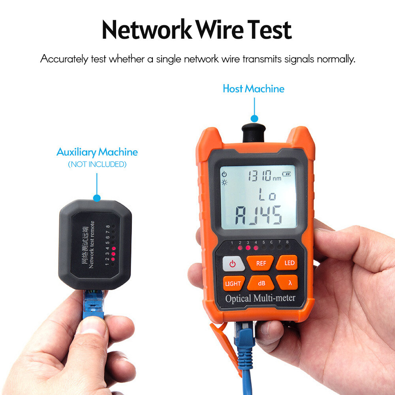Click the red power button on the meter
232,264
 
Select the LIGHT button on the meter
233,283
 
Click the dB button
261,283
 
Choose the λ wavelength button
290,283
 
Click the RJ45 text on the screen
258,216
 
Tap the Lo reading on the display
267,195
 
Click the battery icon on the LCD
286,173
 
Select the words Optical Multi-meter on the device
260,298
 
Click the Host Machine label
254,88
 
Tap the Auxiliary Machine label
97,152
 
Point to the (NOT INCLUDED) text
97,164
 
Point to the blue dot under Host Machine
254,118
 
